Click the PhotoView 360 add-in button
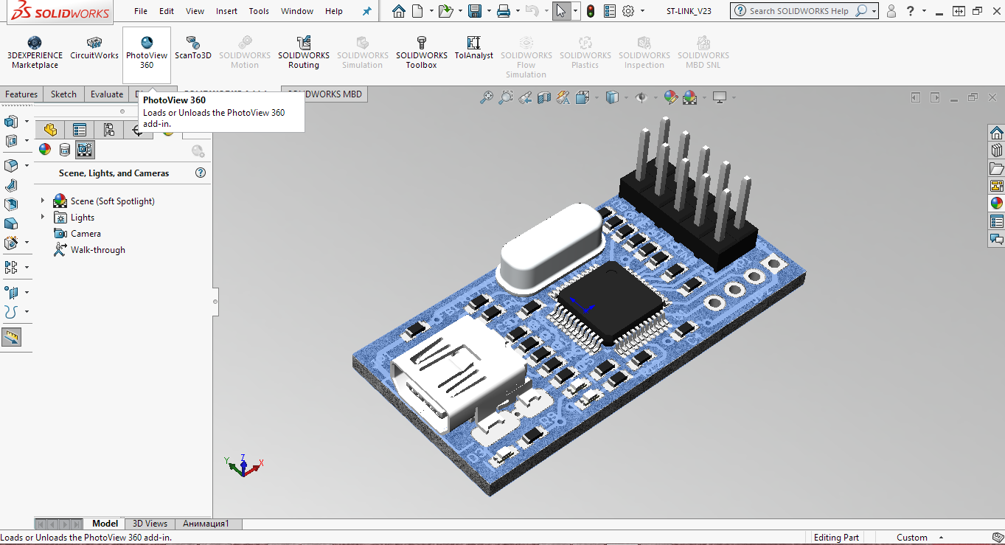tap(147, 54)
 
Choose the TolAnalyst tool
tap(473, 49)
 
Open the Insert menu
tap(226, 11)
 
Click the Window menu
tap(297, 11)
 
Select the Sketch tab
tap(63, 94)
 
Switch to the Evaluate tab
tap(107, 94)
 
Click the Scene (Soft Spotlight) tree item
tap(112, 201)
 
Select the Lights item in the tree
tap(83, 218)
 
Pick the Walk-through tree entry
tap(97, 250)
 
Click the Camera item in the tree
tap(86, 234)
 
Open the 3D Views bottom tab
tap(150, 524)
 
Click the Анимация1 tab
tap(206, 524)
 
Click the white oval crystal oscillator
tap(549, 247)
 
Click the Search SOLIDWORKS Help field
tap(798, 11)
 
